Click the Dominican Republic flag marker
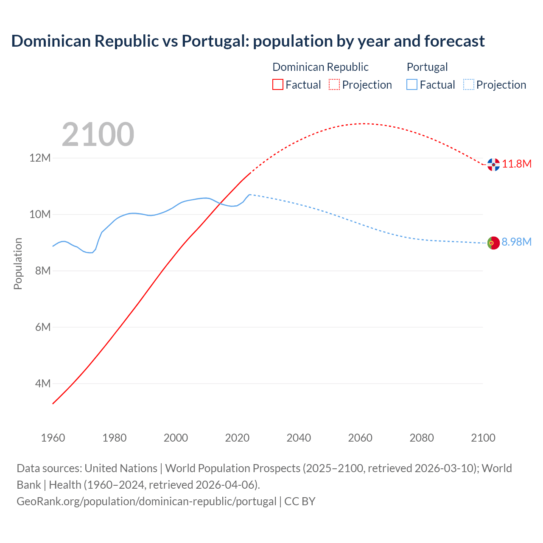[x=493, y=165]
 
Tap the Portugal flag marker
[x=493, y=243]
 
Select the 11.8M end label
[x=517, y=164]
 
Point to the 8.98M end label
[x=516, y=242]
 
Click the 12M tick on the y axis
[x=40, y=158]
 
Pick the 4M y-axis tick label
[x=42, y=383]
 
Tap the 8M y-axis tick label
[x=42, y=271]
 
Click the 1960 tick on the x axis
[x=53, y=438]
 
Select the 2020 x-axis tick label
[x=237, y=438]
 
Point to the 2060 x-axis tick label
[x=360, y=438]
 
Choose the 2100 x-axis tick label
[x=483, y=438]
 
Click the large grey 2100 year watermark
[x=98, y=134]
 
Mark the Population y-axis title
[x=18, y=263]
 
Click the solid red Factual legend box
[x=278, y=84]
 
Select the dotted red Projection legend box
[x=334, y=84]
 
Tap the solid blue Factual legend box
[x=412, y=84]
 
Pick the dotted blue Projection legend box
[x=468, y=84]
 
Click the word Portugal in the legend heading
[x=427, y=67]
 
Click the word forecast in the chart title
[x=454, y=41]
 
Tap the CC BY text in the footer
[x=300, y=501]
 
